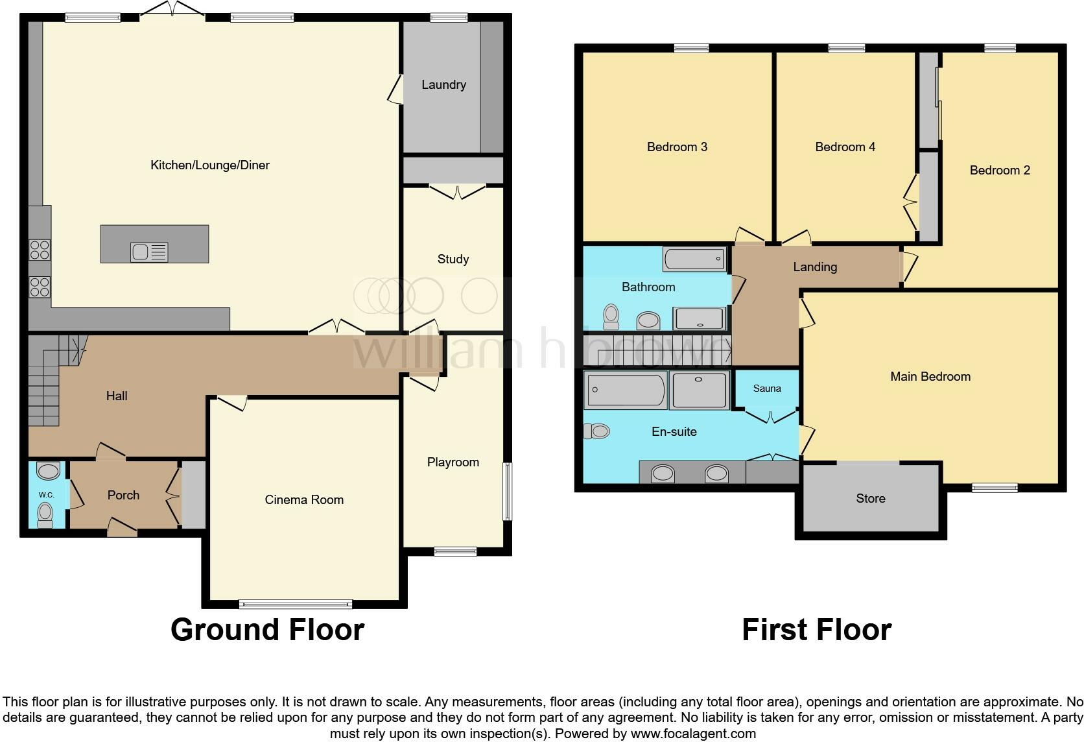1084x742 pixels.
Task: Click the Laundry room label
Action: point(443,85)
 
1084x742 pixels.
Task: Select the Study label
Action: point(453,259)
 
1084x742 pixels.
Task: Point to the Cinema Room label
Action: point(304,500)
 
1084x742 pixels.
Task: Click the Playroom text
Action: point(453,462)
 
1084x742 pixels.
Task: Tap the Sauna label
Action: point(766,389)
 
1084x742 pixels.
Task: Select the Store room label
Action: point(870,499)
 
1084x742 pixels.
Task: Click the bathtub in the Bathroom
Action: point(694,259)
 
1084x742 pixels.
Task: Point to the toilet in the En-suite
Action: point(597,431)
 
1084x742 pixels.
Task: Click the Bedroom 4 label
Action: point(845,147)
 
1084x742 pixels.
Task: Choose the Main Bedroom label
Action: point(930,377)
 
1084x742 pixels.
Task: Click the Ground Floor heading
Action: point(267,630)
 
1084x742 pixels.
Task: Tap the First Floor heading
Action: point(816,630)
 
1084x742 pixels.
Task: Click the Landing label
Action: point(815,267)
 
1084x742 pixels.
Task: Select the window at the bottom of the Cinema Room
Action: point(296,604)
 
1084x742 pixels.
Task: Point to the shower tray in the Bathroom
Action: point(698,318)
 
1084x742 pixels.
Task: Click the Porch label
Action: point(123,496)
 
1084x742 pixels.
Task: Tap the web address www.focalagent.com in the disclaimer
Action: point(693,734)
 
